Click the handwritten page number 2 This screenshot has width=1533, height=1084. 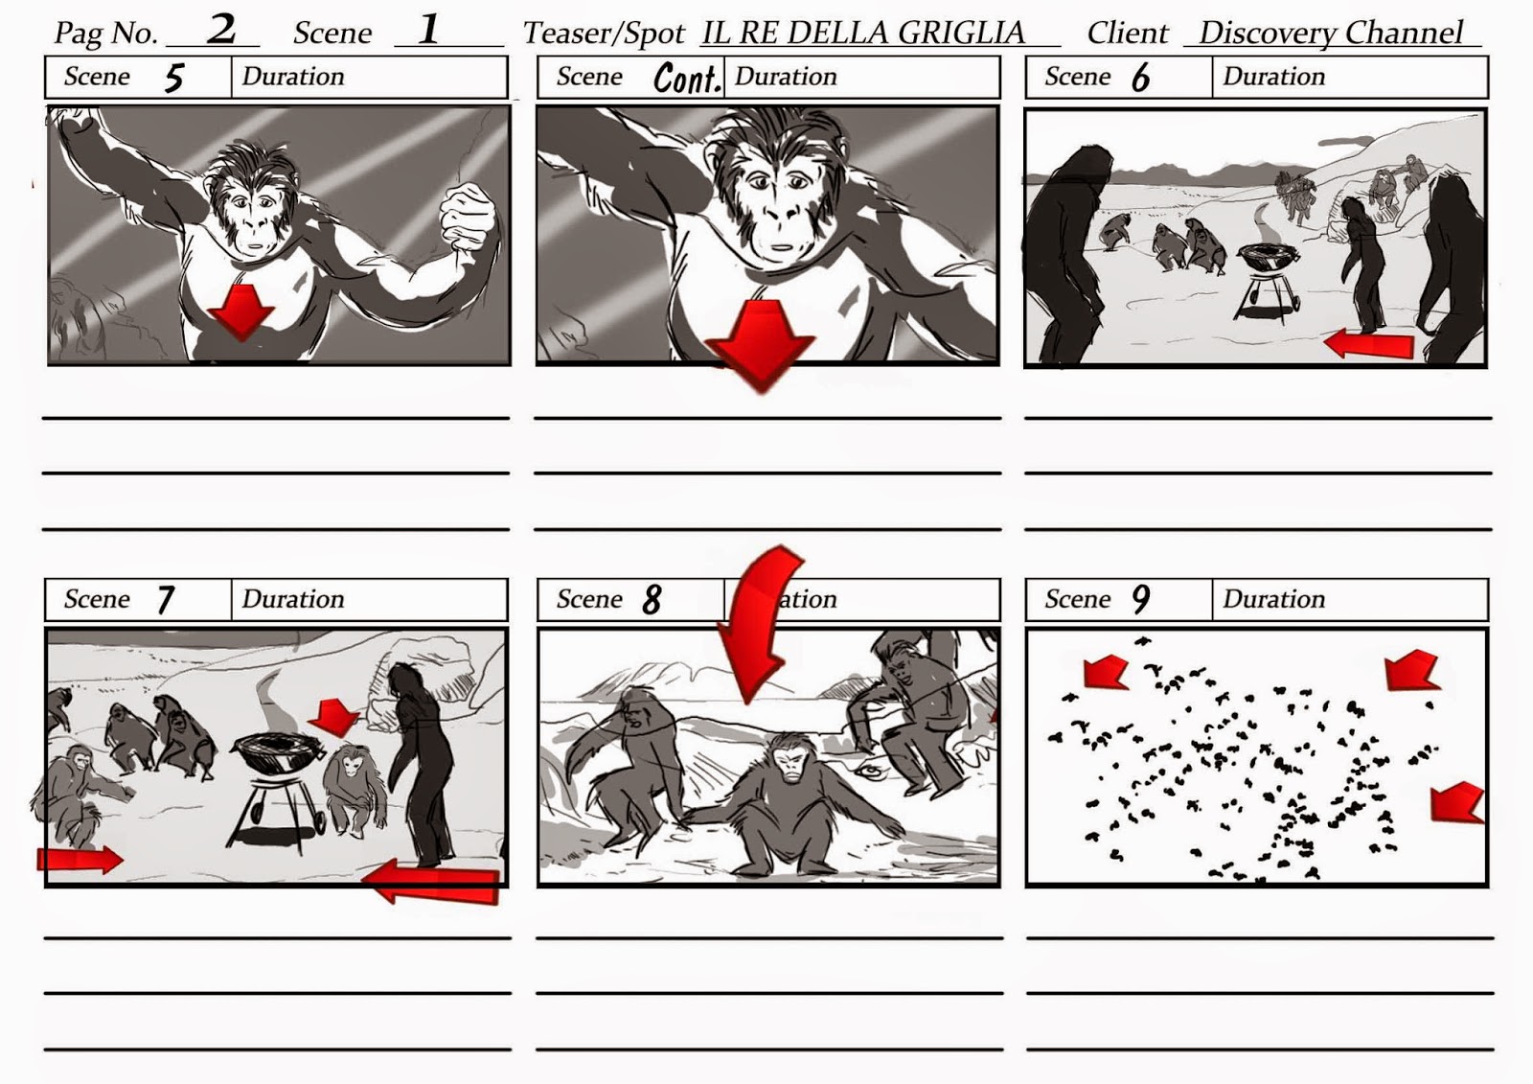(x=221, y=30)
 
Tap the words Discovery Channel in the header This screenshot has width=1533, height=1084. (x=1331, y=33)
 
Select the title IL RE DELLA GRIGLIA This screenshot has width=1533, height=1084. (x=863, y=33)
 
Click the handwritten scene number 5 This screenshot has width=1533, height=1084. (x=174, y=78)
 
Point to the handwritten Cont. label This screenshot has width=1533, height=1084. (x=686, y=78)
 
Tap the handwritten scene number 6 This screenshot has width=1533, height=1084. (x=1140, y=78)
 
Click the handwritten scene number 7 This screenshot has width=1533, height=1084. (x=164, y=600)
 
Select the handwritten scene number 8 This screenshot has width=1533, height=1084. (x=652, y=600)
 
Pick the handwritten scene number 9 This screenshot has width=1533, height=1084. (x=1140, y=599)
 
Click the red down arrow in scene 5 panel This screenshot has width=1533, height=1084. (x=240, y=311)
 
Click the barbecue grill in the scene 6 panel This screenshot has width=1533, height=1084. (x=1269, y=281)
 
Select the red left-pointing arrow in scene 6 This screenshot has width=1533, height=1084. (x=1367, y=344)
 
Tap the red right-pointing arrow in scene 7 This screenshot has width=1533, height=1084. (x=80, y=860)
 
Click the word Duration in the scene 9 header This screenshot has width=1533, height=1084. (x=1273, y=599)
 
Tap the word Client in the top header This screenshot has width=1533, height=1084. (x=1128, y=33)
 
